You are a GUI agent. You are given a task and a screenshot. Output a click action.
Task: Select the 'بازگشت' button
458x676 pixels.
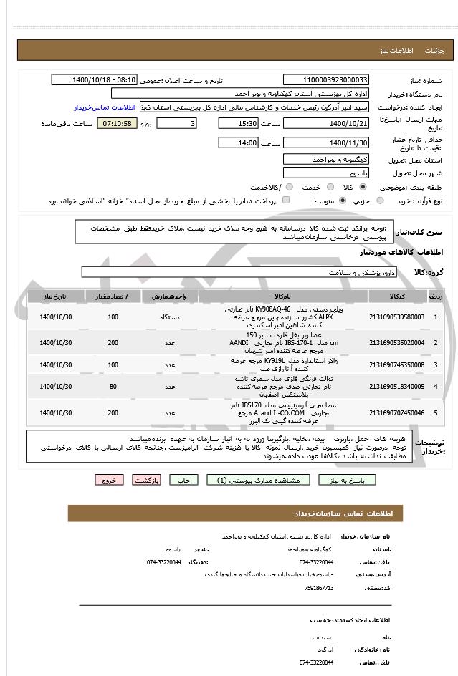pyautogui.click(x=145, y=480)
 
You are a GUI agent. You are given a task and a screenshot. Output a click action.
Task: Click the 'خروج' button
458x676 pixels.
pyautogui.click(x=109, y=480)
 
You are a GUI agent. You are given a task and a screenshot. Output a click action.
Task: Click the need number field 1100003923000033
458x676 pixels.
pyautogui.click(x=326, y=80)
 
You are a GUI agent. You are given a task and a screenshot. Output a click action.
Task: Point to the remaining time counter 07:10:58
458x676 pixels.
pyautogui.click(x=117, y=124)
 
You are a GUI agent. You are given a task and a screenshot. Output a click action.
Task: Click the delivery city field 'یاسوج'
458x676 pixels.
pyautogui.click(x=326, y=173)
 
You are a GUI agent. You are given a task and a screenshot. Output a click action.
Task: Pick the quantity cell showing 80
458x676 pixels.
pyautogui.click(x=113, y=387)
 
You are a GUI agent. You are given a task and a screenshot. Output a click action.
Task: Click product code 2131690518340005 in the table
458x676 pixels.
pyautogui.click(x=396, y=387)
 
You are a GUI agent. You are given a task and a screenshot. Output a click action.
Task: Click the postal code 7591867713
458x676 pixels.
pyautogui.click(x=318, y=587)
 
